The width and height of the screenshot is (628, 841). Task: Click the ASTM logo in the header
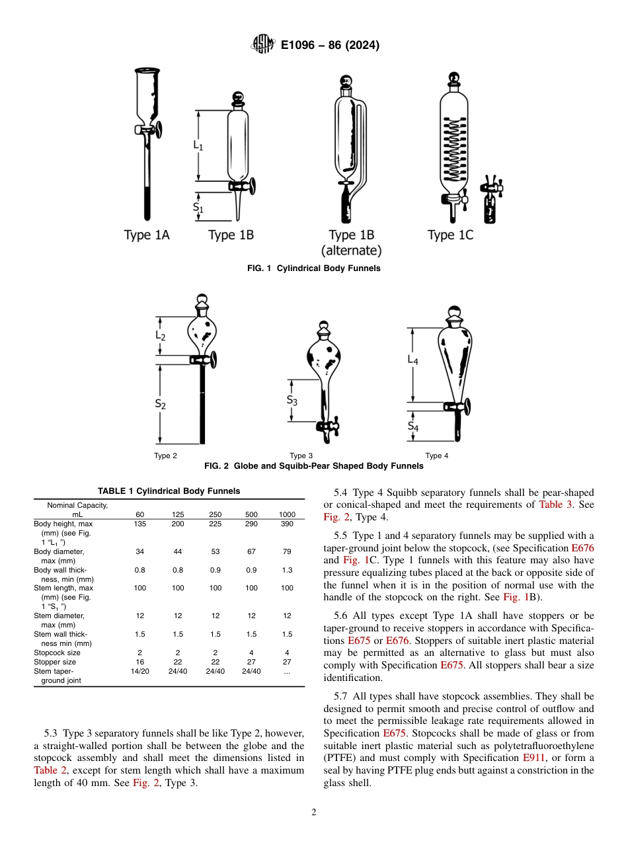[262, 45]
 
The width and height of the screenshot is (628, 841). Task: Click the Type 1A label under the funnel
[147, 235]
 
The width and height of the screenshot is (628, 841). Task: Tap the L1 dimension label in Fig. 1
[198, 145]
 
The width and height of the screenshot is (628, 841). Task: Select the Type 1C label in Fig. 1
[450, 235]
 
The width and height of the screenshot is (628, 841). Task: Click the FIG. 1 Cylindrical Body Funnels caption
[313, 268]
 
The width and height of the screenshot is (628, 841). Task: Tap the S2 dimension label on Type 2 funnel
[161, 403]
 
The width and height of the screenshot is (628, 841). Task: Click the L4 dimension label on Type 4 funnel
[412, 359]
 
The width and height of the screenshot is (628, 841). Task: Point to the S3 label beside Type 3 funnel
[292, 401]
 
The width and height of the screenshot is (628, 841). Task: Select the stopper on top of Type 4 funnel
[454, 315]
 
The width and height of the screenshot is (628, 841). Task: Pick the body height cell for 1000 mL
[287, 524]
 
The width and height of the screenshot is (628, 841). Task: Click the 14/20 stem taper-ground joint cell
[140, 671]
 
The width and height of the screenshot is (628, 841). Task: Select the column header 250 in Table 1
[216, 514]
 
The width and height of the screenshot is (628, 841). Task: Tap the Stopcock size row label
[58, 653]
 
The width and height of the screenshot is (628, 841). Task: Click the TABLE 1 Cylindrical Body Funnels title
[169, 491]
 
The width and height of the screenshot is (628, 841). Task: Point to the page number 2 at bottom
[313, 813]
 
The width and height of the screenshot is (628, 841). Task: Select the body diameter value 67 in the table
[252, 551]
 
